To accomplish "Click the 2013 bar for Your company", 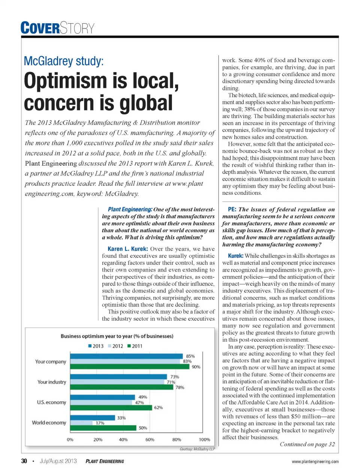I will coord(127,356).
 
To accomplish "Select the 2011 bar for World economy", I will coord(103,428).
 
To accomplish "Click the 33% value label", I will coord(121,418).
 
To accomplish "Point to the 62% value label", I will coord(158,407).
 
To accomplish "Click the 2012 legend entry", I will coord(115,346).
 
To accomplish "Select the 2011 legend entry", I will coord(135,346).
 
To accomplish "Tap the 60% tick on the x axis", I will coord(150,440).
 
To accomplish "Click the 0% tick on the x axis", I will coord(70,440).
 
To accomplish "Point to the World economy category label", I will coord(49,422).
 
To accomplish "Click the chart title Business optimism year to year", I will coord(117,336).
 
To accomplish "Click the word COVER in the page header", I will coord(40,28).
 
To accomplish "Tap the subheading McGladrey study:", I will coord(63,61).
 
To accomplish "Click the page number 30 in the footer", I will coord(24,461).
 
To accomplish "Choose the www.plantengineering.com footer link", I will coord(315,461).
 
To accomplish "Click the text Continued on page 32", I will coord(307,444).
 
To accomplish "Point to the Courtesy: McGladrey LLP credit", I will coord(197,449).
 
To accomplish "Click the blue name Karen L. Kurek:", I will coord(127,249).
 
